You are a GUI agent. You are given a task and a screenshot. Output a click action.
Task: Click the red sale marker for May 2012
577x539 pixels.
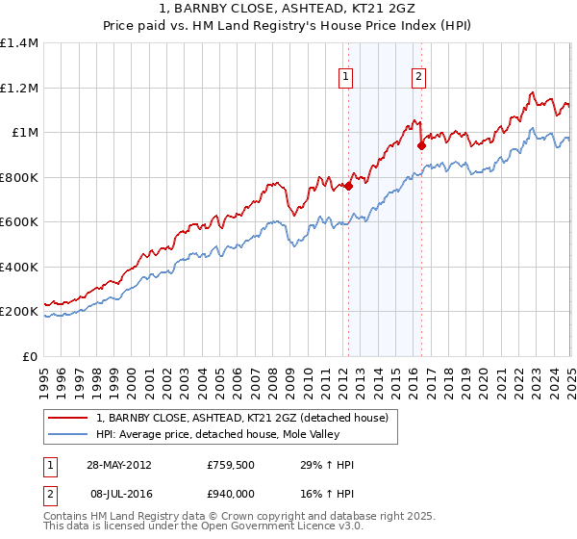[x=348, y=187]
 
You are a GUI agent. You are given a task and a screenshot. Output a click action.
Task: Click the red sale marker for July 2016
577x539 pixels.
[x=421, y=146]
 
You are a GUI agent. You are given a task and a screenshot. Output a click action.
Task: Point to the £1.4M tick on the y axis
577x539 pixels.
[x=19, y=43]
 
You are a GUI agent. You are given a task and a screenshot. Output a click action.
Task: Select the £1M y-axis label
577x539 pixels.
[x=25, y=133]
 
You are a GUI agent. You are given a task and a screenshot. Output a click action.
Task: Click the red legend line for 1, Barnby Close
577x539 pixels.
[x=67, y=418]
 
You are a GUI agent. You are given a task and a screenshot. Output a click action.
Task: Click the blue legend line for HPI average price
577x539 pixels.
[x=67, y=433]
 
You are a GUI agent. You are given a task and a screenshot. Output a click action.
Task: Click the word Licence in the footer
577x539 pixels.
[x=298, y=528]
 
